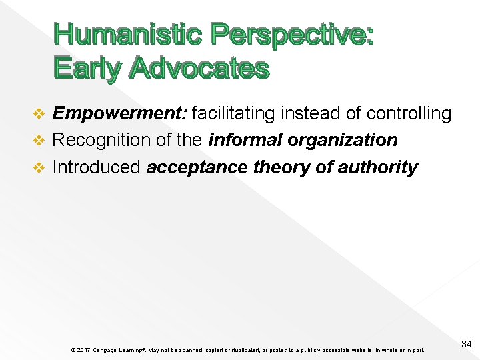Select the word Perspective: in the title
pyautogui.click(x=291, y=35)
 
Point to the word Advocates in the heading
pyautogui.click(x=199, y=68)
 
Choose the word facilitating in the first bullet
pyautogui.click(x=233, y=114)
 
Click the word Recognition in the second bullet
pyautogui.click(x=93, y=140)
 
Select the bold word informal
pyautogui.click(x=245, y=140)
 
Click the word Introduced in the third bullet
pyautogui.click(x=97, y=167)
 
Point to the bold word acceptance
pyautogui.click(x=197, y=167)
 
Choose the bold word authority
pyautogui.click(x=377, y=167)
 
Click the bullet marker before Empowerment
pyautogui.click(x=39, y=115)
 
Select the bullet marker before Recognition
pyautogui.click(x=39, y=141)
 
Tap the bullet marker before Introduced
pyautogui.click(x=39, y=167)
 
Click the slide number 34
pyautogui.click(x=466, y=344)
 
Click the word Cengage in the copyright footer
pyautogui.click(x=107, y=350)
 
